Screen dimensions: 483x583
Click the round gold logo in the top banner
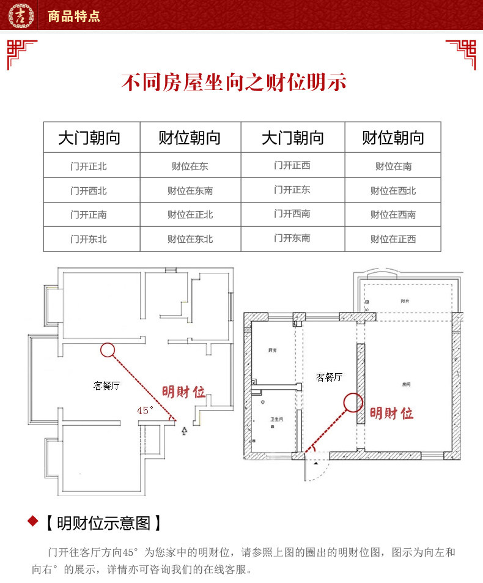(x=20, y=15)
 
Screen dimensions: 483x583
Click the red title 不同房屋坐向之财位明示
(x=234, y=82)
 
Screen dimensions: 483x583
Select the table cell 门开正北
(x=89, y=166)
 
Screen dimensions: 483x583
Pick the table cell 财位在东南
(x=190, y=190)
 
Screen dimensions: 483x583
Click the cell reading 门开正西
(x=292, y=165)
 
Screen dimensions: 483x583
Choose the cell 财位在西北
(x=393, y=190)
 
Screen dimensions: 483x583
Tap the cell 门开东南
(x=292, y=238)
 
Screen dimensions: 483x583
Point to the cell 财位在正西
(x=393, y=239)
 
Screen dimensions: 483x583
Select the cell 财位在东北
(x=190, y=239)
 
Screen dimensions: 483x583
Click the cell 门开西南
(x=292, y=214)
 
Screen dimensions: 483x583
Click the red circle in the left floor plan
(x=108, y=350)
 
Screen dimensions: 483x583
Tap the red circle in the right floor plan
(x=352, y=402)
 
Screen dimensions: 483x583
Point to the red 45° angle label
(x=146, y=410)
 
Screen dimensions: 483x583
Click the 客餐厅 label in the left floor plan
(x=106, y=386)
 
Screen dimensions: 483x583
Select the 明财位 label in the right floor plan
(x=391, y=413)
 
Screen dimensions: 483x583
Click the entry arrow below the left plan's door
(x=185, y=431)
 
